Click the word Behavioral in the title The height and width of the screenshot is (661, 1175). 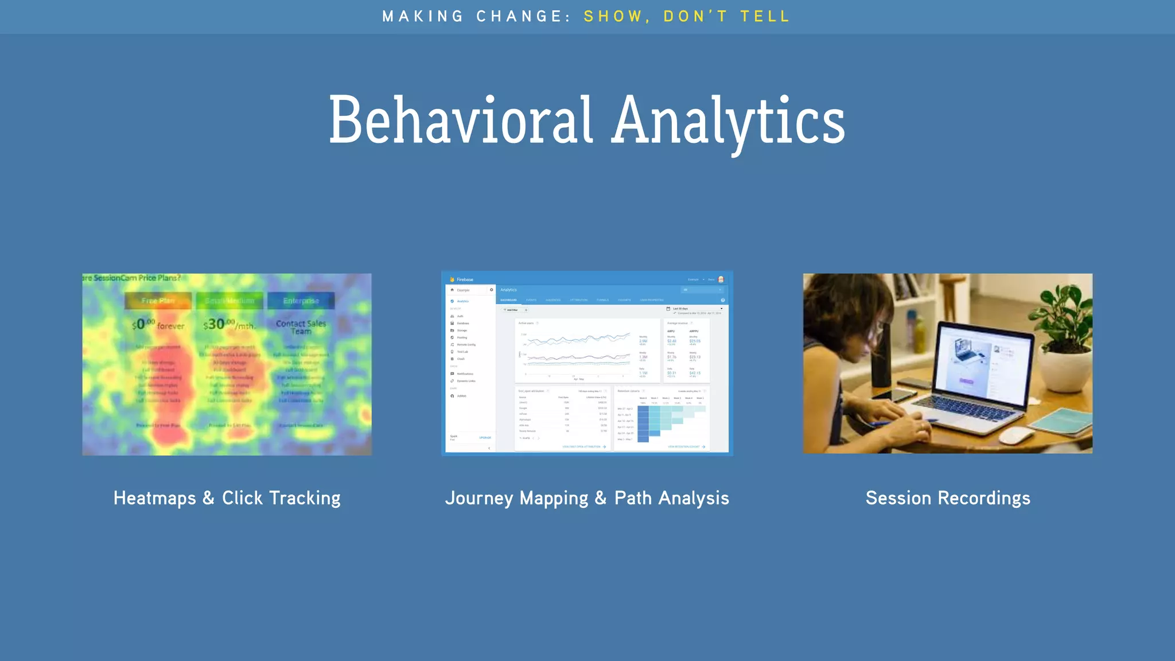460,120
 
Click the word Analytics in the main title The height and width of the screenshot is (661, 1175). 728,120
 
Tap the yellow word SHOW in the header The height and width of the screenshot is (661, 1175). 613,16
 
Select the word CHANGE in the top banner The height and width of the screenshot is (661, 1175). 519,16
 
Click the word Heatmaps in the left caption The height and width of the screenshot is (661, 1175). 155,498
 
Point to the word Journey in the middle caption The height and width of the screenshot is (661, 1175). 480,498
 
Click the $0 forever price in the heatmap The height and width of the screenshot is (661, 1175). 157,325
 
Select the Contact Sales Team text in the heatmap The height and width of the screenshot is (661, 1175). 301,327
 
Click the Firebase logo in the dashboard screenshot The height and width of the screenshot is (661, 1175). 453,279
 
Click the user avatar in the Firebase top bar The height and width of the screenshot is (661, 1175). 721,279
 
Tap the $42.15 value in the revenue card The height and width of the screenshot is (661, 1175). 695,373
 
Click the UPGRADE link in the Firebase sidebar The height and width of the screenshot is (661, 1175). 485,438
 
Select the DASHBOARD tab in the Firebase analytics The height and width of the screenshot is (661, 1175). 508,300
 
